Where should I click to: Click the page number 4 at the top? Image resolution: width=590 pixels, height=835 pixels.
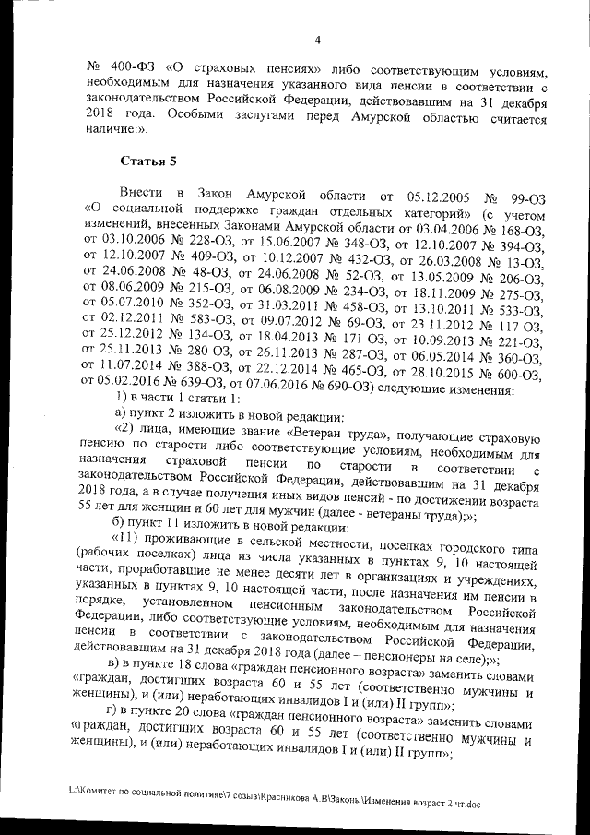click(316, 40)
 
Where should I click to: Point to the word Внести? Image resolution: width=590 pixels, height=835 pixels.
click(142, 197)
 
